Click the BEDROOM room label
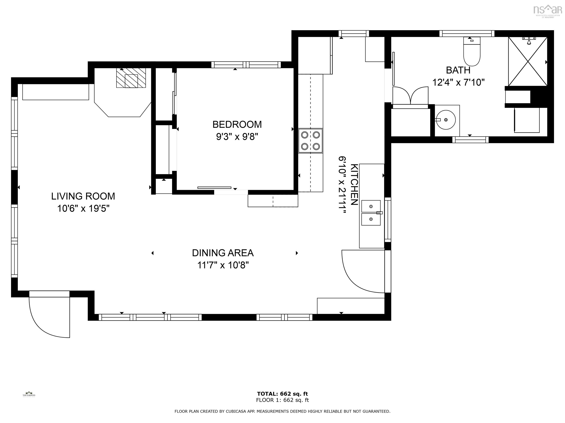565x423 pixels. tap(237, 124)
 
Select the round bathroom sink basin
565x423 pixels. tap(446, 120)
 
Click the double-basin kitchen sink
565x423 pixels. tap(371, 213)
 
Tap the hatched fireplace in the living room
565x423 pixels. tap(131, 78)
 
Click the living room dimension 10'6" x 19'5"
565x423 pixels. tap(83, 209)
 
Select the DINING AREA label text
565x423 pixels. tap(223, 253)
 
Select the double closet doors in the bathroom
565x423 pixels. tap(410, 96)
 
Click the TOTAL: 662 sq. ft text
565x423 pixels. tap(282, 394)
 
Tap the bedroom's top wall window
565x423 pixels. tap(246, 65)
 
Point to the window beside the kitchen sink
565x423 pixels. tap(388, 220)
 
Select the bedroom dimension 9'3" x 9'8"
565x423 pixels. tap(237, 137)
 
